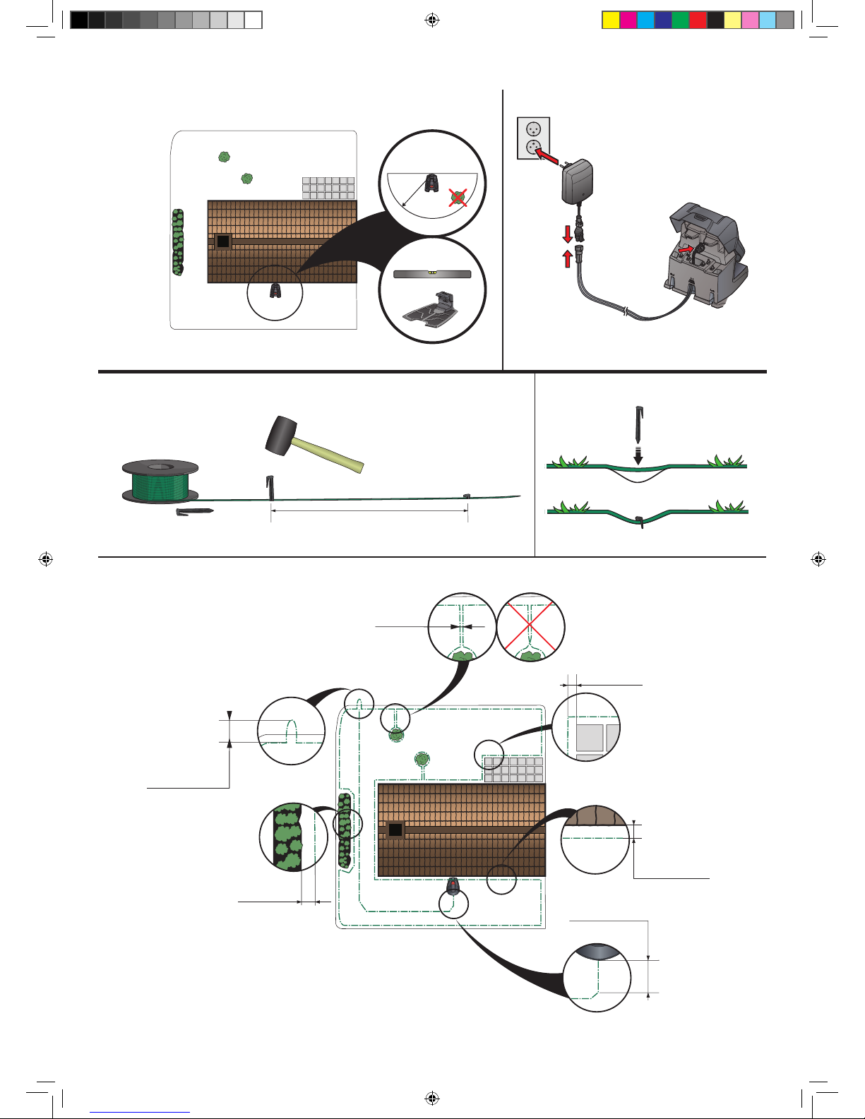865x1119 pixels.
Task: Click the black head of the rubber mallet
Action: tap(281, 433)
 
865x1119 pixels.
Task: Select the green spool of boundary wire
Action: tap(160, 482)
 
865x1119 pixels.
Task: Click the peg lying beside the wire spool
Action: tap(193, 510)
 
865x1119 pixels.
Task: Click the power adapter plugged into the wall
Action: tap(577, 180)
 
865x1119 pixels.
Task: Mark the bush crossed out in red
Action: tap(459, 198)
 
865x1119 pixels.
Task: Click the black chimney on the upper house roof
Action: tap(223, 241)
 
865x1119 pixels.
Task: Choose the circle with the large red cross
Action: tap(530, 627)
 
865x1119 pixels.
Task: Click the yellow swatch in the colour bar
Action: tap(610, 20)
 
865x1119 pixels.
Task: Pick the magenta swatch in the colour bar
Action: tap(628, 20)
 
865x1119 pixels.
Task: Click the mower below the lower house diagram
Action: tap(453, 885)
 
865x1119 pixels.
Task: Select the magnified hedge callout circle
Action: tap(293, 837)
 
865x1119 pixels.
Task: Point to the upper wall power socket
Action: tap(533, 130)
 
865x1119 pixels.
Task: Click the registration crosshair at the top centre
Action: tap(432, 20)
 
